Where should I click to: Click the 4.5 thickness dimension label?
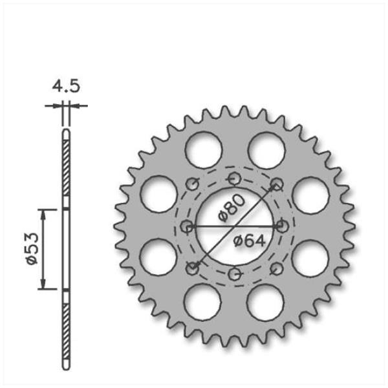(66, 86)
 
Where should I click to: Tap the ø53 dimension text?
(33, 249)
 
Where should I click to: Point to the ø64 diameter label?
(250, 241)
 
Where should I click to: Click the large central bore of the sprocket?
(235, 227)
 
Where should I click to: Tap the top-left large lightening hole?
(204, 150)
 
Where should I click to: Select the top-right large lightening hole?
(266, 150)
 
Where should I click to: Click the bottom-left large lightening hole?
(202, 302)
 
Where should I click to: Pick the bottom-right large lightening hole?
(265, 303)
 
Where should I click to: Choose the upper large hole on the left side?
(158, 194)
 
